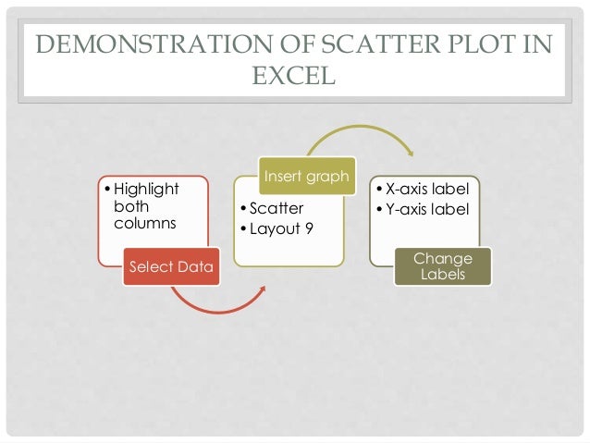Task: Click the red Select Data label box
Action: (170, 267)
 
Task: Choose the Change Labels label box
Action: (443, 266)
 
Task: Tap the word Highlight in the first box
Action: (146, 189)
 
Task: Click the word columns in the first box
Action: (141, 224)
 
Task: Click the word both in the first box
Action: (130, 206)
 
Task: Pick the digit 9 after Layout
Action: (309, 228)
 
